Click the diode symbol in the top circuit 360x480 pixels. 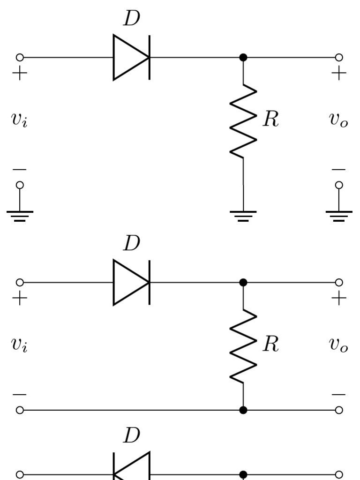point(131,58)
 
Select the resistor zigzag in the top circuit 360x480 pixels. point(243,121)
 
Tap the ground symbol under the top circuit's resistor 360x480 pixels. point(243,215)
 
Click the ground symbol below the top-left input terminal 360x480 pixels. point(20,215)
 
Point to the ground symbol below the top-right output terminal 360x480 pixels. point(339,215)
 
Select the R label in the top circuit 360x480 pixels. point(270,120)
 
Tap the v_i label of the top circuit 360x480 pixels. point(19,120)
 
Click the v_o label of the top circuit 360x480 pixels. point(338,120)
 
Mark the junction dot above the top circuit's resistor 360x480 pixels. point(243,58)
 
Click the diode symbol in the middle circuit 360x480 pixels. point(131,283)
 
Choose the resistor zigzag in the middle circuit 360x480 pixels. point(243,346)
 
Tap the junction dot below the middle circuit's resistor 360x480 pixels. point(243,410)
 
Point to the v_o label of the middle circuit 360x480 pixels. point(338,345)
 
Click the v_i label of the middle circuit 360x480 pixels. point(19,345)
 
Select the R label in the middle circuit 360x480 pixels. point(270,345)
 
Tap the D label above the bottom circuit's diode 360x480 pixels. point(131,435)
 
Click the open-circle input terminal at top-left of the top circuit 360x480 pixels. point(20,58)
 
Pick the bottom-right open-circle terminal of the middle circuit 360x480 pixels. point(339,410)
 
